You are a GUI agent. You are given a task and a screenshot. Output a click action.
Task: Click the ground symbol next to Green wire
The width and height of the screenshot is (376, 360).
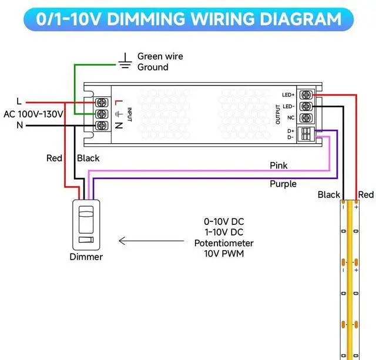(125, 61)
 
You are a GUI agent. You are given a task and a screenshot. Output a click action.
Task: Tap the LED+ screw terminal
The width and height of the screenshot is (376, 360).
(306, 95)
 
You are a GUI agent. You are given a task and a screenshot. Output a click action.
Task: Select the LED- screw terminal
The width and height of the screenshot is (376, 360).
(306, 106)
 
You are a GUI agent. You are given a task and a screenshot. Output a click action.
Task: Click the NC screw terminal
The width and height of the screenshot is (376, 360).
(306, 117)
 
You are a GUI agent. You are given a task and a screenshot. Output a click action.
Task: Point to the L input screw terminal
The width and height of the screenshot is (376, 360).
(102, 103)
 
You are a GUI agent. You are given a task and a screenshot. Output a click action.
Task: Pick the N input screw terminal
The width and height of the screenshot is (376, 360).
(102, 125)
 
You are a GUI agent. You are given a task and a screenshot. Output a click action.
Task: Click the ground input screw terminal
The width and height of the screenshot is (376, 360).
(102, 114)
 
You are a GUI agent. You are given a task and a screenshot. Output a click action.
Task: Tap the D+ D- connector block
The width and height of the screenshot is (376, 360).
(306, 134)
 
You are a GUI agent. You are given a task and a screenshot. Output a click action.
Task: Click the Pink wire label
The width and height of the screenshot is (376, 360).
(278, 166)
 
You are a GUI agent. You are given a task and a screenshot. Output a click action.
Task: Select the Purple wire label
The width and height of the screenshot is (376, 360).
(283, 184)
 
